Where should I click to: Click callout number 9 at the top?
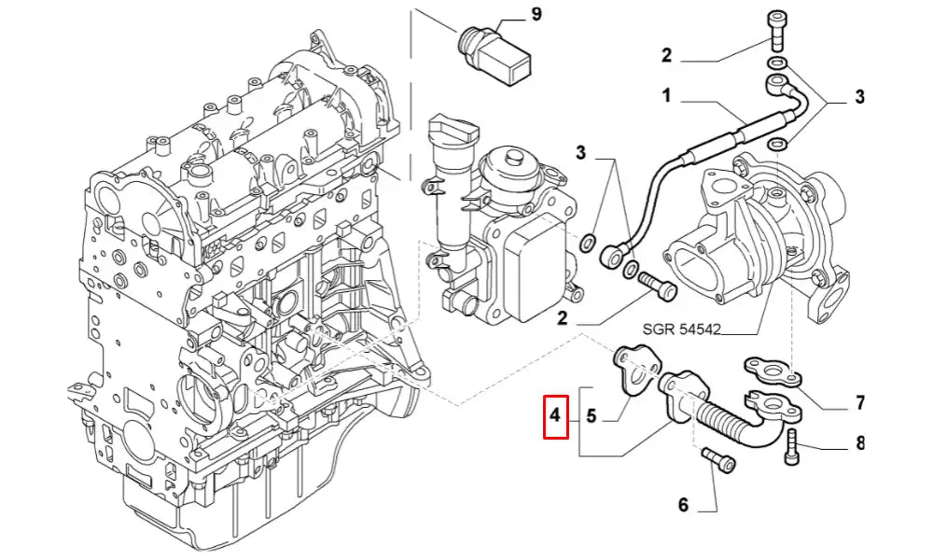(536, 14)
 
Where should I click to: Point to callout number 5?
(591, 416)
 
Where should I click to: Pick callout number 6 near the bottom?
(683, 505)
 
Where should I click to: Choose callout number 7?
(859, 403)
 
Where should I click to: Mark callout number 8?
(859, 443)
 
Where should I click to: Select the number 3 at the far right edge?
(859, 96)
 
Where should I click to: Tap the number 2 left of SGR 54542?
(563, 318)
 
